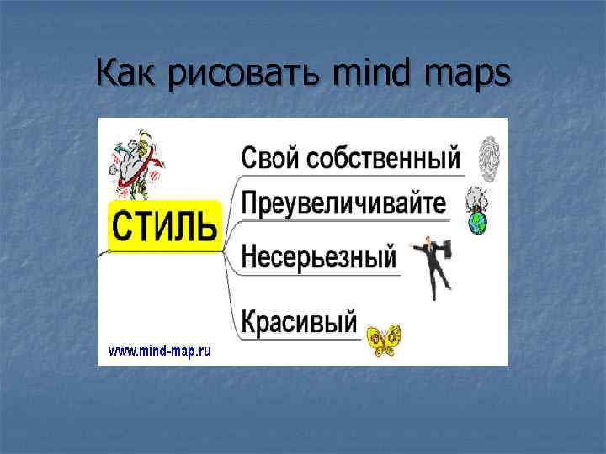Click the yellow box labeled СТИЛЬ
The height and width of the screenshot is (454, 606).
pos(164,226)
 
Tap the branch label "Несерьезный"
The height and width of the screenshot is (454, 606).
pos(318,255)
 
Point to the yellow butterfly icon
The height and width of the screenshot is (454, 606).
pos(383,339)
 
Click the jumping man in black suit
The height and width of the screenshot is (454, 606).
pos(433,264)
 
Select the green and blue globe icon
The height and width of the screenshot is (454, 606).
pos(478,223)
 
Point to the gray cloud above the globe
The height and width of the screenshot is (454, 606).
pos(476,200)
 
